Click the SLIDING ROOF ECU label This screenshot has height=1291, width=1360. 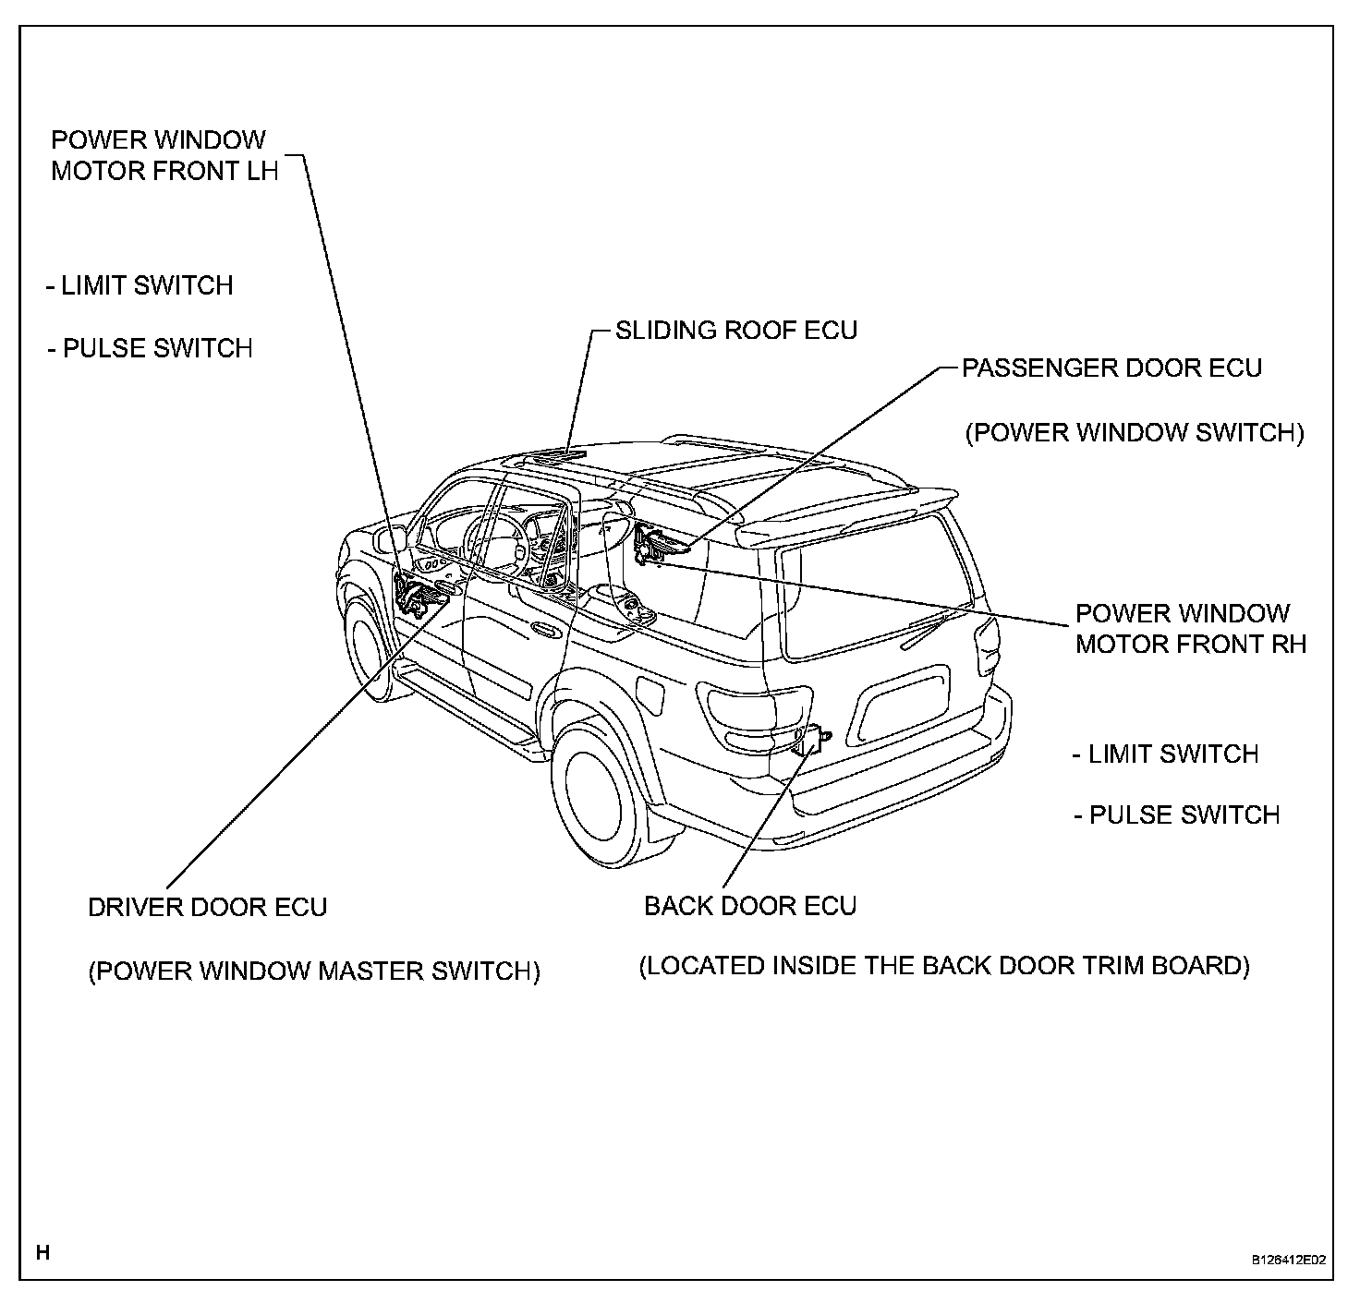[x=736, y=331]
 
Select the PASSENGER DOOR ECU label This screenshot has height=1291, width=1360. [x=1111, y=368]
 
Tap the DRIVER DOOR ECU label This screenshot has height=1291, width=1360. [x=208, y=907]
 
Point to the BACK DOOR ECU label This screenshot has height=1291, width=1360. [x=750, y=906]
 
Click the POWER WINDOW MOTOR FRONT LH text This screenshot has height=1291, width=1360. [x=164, y=156]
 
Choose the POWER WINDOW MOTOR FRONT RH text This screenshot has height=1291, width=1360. [x=1190, y=629]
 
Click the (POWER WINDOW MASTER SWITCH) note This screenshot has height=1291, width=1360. [x=314, y=971]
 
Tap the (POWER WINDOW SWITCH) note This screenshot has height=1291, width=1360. [x=1134, y=433]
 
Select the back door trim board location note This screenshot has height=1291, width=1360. [x=944, y=966]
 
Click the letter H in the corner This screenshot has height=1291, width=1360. [x=42, y=1253]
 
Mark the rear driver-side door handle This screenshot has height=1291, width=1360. [x=544, y=632]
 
